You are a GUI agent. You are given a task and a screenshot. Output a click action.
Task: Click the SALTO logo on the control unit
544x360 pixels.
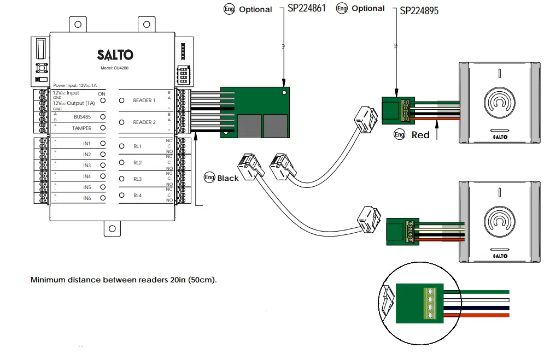click(x=115, y=55)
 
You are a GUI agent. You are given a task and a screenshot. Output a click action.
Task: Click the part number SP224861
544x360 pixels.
click(x=307, y=9)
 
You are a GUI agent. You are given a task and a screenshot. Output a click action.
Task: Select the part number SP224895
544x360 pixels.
click(x=419, y=10)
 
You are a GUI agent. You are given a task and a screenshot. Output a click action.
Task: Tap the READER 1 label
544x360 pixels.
click(x=144, y=101)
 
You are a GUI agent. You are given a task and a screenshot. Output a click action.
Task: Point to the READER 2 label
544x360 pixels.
click(x=144, y=122)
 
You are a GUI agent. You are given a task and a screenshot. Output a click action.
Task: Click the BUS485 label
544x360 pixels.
click(x=83, y=116)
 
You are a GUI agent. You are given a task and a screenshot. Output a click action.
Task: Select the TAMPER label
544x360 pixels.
click(x=82, y=128)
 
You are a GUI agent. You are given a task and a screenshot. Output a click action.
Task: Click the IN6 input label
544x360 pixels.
click(x=87, y=198)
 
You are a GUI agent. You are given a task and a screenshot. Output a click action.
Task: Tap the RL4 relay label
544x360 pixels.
click(x=137, y=196)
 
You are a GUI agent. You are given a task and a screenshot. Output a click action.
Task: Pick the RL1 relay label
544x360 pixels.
click(x=137, y=146)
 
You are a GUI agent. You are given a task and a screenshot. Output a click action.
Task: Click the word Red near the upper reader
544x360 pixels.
click(x=420, y=135)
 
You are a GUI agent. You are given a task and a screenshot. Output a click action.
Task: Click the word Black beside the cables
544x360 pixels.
click(x=228, y=178)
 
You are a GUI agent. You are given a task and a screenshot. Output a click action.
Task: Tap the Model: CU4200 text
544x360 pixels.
click(x=114, y=68)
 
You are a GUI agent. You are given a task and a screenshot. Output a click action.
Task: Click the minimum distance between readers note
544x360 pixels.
click(x=124, y=280)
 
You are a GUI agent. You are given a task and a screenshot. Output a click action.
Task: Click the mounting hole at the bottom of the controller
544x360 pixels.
click(x=112, y=229)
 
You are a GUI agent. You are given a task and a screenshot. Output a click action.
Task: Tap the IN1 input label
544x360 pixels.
click(x=87, y=143)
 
